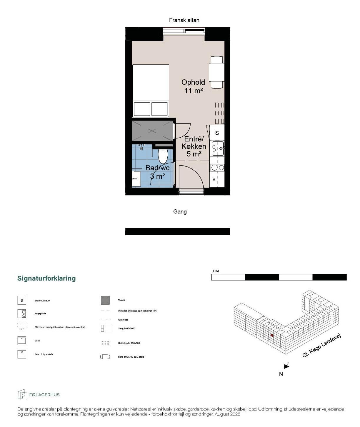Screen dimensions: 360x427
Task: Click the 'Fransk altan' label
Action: (184, 20)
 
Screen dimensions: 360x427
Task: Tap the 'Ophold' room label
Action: (193, 82)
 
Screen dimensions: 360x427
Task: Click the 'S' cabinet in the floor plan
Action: (217, 133)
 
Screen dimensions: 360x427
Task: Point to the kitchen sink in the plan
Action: (218, 149)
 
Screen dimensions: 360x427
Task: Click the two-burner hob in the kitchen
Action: (217, 168)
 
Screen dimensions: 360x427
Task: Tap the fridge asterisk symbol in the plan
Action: (214, 180)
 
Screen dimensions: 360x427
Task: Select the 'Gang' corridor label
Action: (180, 211)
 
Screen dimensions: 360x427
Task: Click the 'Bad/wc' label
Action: (158, 168)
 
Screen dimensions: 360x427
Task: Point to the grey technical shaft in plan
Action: (152, 131)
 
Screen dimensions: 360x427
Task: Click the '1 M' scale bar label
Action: (215, 271)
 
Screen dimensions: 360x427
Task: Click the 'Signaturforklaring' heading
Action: (46, 278)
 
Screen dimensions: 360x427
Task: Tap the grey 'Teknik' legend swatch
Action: (105, 300)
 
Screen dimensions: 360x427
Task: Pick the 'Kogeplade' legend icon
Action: (22, 313)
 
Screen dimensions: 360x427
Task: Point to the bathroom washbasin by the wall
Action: (136, 179)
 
